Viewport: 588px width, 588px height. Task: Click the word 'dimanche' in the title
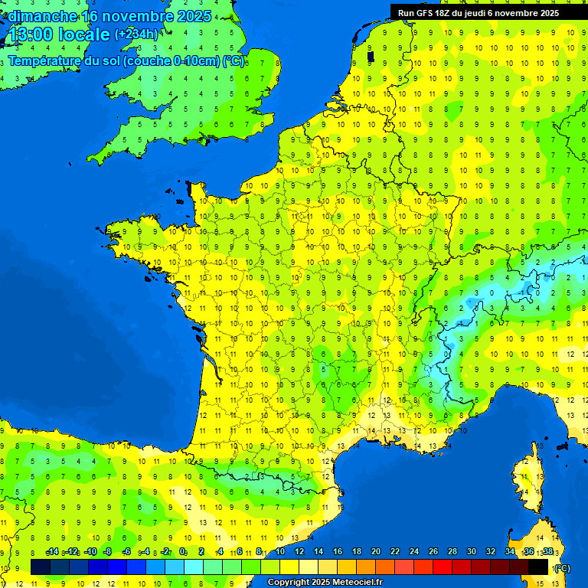(42, 16)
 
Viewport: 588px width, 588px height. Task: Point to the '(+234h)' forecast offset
(136, 34)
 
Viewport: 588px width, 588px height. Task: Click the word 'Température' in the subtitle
(45, 61)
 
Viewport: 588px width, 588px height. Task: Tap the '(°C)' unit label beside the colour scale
(561, 567)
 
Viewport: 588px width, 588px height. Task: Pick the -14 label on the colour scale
(53, 552)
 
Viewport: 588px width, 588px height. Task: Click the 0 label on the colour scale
(183, 552)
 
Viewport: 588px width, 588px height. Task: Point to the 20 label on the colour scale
(375, 552)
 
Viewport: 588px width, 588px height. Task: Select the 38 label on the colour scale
(547, 552)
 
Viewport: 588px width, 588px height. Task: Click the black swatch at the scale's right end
(538, 567)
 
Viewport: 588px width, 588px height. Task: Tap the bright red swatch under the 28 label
(443, 567)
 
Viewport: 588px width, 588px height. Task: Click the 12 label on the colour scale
(299, 552)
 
